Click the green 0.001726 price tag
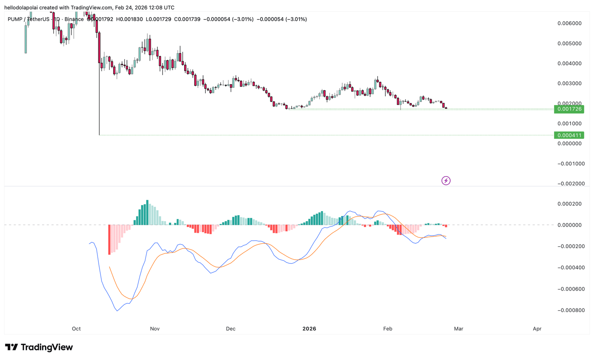click(569, 109)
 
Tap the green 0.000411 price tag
click(569, 135)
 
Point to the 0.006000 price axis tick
click(569, 23)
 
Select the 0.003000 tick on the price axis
click(569, 83)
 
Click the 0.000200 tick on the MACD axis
click(569, 204)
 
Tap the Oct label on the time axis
click(76, 329)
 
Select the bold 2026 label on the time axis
click(309, 329)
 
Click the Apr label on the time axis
click(537, 329)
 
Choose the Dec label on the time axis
click(231, 329)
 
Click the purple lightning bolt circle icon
click(446, 181)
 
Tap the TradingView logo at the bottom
click(39, 347)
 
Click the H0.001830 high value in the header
click(129, 19)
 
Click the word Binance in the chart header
click(74, 19)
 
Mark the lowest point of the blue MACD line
click(117, 311)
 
